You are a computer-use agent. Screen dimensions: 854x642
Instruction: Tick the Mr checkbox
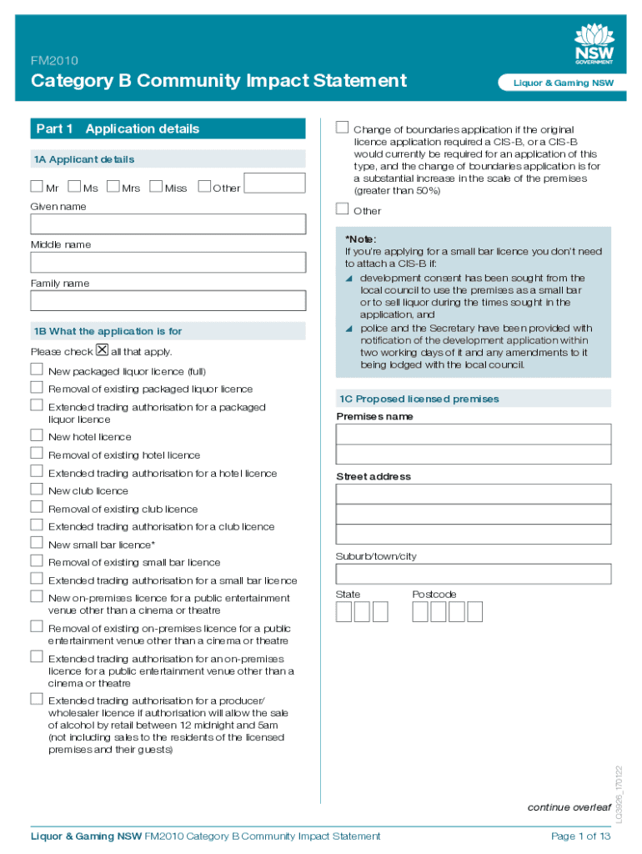(x=37, y=187)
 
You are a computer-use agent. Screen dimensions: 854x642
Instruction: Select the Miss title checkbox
(x=156, y=187)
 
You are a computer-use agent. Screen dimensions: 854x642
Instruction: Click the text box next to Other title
(x=275, y=184)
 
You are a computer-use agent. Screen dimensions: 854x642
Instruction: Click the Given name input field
(x=168, y=224)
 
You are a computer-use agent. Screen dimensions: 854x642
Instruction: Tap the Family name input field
(x=168, y=301)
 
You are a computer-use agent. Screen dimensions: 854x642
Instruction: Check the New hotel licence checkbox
(x=37, y=435)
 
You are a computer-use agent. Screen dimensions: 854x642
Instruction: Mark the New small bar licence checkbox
(x=37, y=544)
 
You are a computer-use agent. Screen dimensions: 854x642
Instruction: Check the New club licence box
(x=37, y=490)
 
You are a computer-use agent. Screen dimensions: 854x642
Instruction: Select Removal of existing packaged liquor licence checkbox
(x=37, y=388)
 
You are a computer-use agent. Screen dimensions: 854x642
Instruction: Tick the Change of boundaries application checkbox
(x=342, y=128)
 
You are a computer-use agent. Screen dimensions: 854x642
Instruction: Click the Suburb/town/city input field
(x=473, y=574)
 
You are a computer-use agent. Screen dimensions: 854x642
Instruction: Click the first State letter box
(x=344, y=612)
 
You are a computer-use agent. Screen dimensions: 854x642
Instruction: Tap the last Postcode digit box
(x=475, y=612)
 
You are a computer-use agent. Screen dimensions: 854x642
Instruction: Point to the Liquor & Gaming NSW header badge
(x=555, y=83)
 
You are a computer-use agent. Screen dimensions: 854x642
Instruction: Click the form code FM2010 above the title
(x=55, y=60)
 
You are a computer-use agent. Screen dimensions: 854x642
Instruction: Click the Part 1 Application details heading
(x=118, y=129)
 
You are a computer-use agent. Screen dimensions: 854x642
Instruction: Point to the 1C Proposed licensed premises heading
(x=419, y=399)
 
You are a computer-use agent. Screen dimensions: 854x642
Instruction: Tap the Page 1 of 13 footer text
(x=580, y=836)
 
